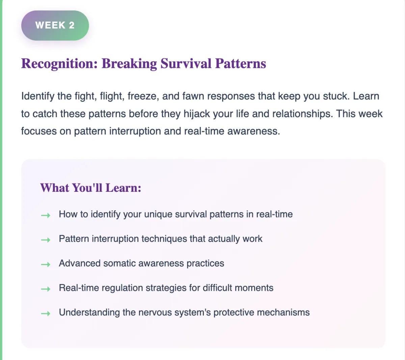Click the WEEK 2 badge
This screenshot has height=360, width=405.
click(x=55, y=25)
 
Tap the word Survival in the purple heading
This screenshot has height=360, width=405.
click(x=186, y=63)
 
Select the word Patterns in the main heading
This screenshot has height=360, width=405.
click(x=241, y=63)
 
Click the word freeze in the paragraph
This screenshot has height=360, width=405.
click(x=143, y=96)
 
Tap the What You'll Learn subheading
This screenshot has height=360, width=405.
click(x=91, y=188)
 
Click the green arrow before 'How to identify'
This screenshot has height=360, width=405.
click(x=46, y=215)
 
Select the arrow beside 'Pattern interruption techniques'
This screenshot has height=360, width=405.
click(x=46, y=239)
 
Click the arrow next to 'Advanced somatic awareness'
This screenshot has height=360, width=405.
click(x=46, y=264)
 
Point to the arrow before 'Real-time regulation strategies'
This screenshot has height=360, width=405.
click(x=46, y=289)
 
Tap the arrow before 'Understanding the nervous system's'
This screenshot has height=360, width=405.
click(x=46, y=313)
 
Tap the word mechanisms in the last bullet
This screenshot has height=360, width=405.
click(x=283, y=312)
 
